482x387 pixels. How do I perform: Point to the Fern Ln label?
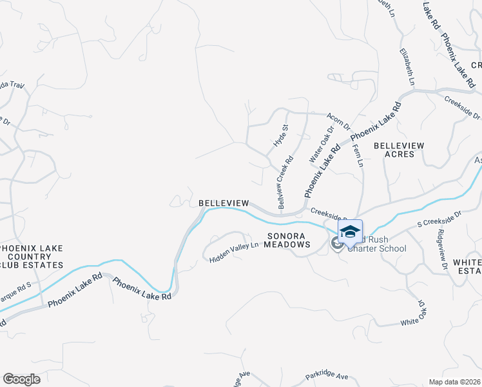359,155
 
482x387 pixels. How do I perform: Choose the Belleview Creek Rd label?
284,183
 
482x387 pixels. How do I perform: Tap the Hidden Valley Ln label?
234,252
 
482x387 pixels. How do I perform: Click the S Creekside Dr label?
440,217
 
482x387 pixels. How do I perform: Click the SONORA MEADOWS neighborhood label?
285,239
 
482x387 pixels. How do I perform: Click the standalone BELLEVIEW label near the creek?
224,203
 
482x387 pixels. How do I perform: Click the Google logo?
21,379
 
